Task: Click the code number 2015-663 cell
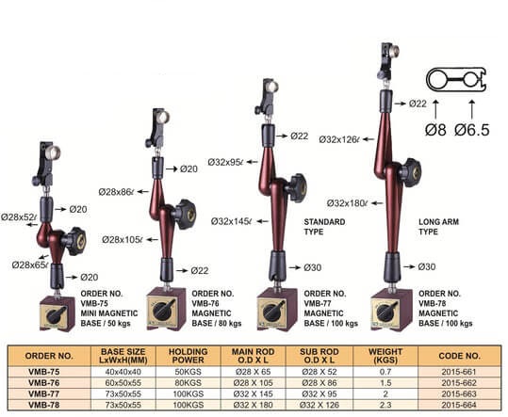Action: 459,394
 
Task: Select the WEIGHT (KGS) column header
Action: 385,356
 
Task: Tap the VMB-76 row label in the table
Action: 43,383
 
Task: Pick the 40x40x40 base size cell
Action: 123,372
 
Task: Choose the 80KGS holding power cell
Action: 188,383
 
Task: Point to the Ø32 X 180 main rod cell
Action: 253,405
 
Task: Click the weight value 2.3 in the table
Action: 385,405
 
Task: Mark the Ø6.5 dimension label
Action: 471,130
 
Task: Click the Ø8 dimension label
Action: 435,130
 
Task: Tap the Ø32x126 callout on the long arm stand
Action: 339,139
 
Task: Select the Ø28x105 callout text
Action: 123,240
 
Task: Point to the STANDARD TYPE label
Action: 324,227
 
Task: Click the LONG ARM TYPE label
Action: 438,227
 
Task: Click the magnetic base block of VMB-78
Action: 391,310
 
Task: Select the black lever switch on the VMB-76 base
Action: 165,310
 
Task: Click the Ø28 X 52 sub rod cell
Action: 320,372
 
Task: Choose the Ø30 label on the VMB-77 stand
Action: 313,267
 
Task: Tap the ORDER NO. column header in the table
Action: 49,356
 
